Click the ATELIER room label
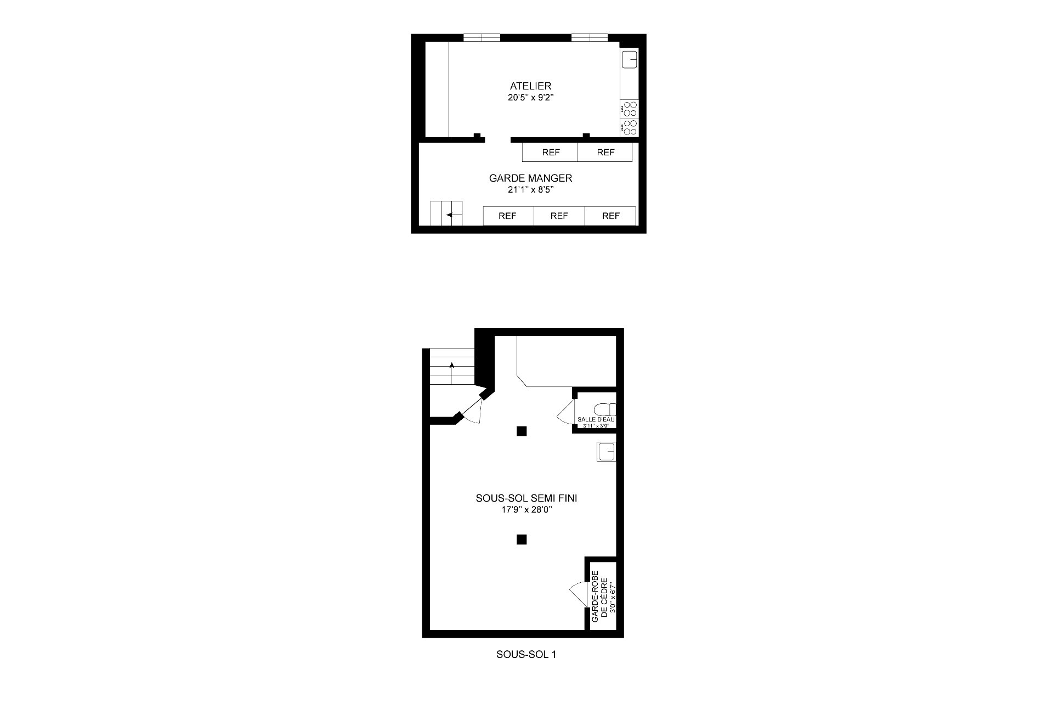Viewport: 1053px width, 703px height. pos(530,86)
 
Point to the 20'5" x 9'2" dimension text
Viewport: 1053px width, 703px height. pos(530,98)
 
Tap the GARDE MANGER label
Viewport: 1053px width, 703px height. pos(530,178)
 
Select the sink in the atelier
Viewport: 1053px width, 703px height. pos(630,59)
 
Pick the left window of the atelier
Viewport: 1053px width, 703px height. pos(482,37)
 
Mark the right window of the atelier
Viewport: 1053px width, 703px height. pos(590,37)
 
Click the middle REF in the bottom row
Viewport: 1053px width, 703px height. pos(559,216)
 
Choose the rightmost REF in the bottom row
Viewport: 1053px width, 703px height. pos(610,216)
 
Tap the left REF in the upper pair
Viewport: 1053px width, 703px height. pos(550,153)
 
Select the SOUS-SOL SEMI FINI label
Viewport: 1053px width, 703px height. pos(526,498)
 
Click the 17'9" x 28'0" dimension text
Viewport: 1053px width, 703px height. pos(526,510)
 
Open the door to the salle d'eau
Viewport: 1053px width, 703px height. pos(565,412)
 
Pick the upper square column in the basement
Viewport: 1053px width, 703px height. pos(522,431)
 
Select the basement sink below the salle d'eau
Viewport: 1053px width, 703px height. pos(607,452)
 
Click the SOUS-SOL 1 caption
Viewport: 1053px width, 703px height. pos(526,655)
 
